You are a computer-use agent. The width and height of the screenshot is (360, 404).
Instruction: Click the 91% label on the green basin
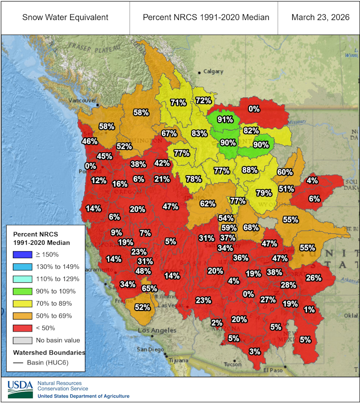pyautogui.click(x=225, y=119)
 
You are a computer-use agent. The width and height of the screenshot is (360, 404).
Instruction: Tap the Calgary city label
pyautogui.click(x=213, y=72)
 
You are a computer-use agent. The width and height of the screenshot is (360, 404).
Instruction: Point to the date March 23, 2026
pyautogui.click(x=318, y=17)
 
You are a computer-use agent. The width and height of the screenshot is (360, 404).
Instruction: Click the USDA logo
pyautogui.click(x=20, y=389)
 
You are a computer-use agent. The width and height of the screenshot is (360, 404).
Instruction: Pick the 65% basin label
pyautogui.click(x=149, y=288)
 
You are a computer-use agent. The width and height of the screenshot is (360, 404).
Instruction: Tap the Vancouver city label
pyautogui.click(x=82, y=101)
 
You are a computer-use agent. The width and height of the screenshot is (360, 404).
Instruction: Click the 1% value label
pyautogui.click(x=309, y=309)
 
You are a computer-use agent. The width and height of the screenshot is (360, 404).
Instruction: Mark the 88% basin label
pyautogui.click(x=249, y=169)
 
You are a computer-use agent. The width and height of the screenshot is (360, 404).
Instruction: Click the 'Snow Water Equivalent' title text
pyautogui.click(x=65, y=17)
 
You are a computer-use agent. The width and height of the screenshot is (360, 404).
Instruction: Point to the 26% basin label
pyautogui.click(x=313, y=278)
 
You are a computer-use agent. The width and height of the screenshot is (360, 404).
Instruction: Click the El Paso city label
pyautogui.click(x=275, y=370)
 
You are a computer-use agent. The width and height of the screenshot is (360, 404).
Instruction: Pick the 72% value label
pyautogui.click(x=203, y=100)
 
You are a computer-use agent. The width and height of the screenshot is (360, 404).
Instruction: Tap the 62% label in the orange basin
pyautogui.click(x=207, y=203)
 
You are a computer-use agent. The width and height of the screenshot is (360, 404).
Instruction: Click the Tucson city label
pyautogui.click(x=233, y=364)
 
